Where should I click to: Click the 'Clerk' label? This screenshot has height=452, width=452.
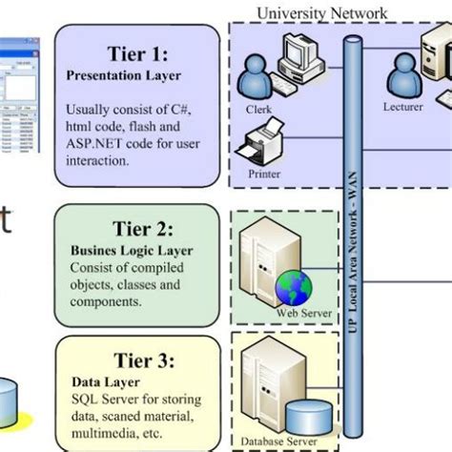258,109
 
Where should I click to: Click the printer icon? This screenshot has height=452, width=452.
262,147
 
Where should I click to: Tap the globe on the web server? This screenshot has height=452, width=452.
291,286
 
